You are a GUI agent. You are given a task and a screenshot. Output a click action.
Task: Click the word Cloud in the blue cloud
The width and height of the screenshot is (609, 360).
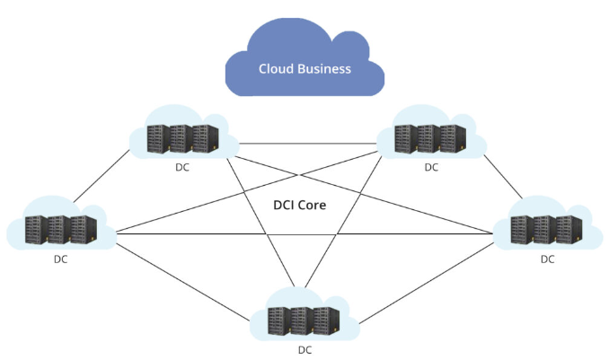click(x=278, y=69)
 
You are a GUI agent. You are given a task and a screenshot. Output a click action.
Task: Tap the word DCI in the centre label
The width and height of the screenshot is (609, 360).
click(x=285, y=205)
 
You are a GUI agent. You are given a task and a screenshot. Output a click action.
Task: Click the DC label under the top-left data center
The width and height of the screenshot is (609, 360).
click(x=182, y=167)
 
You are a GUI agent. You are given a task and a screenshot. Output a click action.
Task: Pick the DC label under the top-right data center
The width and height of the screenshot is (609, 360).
click(x=431, y=167)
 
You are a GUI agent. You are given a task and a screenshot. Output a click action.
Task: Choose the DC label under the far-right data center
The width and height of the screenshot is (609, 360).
click(x=547, y=259)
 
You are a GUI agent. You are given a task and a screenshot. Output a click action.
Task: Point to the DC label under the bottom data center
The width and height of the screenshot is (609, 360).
click(x=307, y=350)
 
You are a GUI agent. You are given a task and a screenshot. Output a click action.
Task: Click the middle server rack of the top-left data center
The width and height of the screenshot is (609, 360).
click(x=182, y=137)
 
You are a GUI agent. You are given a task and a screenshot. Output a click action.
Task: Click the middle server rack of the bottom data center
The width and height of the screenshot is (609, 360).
click(x=304, y=320)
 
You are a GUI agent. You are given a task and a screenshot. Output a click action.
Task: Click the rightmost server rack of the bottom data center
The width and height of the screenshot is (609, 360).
click(x=327, y=320)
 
